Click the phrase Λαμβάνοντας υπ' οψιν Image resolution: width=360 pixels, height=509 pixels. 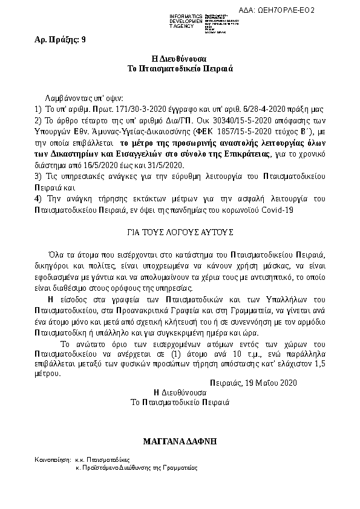pyautogui.click(x=83, y=98)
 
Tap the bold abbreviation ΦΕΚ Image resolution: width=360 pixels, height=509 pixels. pyautogui.click(x=204, y=132)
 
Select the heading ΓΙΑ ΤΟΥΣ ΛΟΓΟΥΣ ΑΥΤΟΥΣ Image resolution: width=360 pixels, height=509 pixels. pyautogui.click(x=179, y=232)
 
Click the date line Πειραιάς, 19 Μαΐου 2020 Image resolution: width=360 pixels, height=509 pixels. pyautogui.click(x=254, y=383)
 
